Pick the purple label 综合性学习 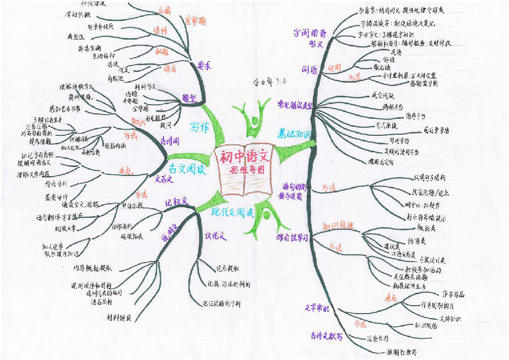(x=292, y=238)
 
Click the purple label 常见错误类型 (x=295, y=104)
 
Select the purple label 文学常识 (x=317, y=308)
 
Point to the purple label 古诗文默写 (x=326, y=336)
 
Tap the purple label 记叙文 (x=175, y=202)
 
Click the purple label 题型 (x=189, y=97)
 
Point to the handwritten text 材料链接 (x=119, y=318)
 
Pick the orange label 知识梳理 (x=338, y=226)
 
